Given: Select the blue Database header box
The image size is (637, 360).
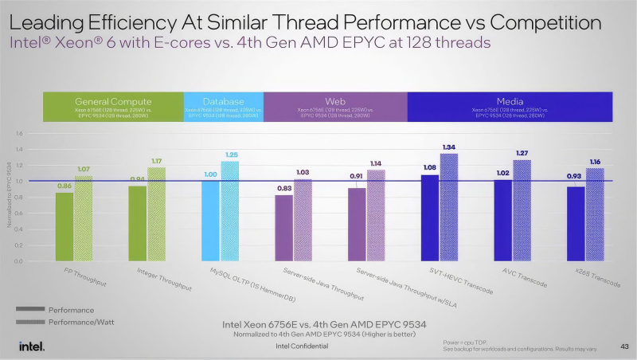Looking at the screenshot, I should [223, 108].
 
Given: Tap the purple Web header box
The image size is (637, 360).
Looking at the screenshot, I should [334, 108].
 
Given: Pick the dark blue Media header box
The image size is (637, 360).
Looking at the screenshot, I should [509, 108].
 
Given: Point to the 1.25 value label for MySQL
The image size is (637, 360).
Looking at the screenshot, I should [232, 155].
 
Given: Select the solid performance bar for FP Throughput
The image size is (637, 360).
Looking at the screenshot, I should [64, 227].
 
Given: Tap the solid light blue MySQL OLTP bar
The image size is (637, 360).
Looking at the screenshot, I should [210, 221].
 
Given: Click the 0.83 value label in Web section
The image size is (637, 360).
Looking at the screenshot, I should [283, 188].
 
